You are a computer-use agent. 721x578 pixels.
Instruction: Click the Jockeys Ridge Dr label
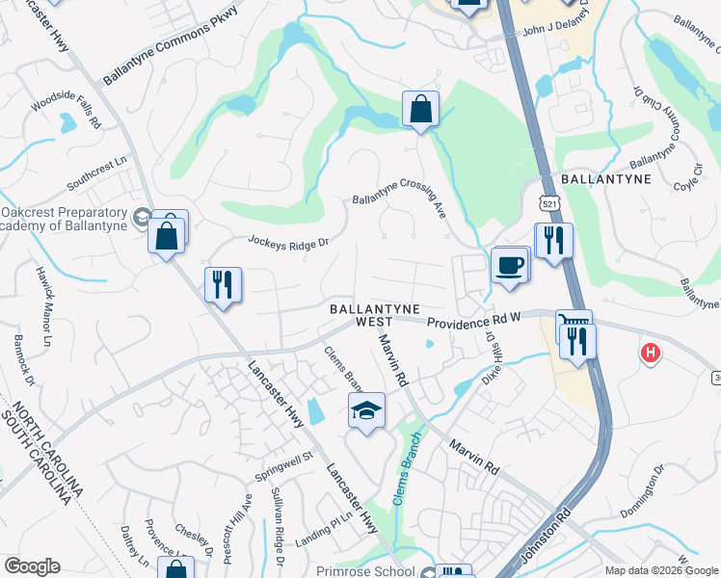(x=288, y=241)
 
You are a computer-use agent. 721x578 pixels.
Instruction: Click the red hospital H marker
(x=651, y=354)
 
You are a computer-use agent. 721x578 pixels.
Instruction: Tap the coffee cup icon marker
(x=509, y=264)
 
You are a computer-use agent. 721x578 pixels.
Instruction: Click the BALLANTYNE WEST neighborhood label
(x=374, y=315)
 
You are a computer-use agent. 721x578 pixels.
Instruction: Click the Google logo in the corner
(x=33, y=566)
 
